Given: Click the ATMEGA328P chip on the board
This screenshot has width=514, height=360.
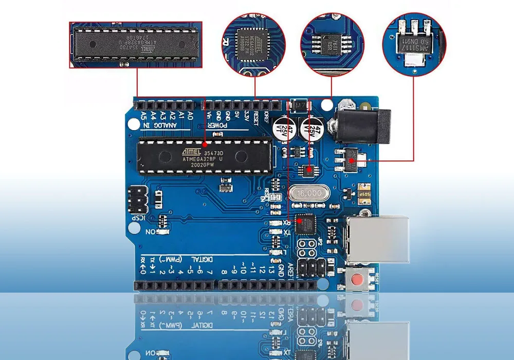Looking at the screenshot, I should coord(204,156).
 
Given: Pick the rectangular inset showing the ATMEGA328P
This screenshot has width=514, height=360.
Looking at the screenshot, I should coord(136,44).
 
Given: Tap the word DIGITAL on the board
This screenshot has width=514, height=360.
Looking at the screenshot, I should coord(203,259).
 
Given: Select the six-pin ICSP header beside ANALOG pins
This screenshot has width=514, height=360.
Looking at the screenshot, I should coord(137,200).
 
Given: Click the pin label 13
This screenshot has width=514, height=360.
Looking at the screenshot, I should coord(272,270).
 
